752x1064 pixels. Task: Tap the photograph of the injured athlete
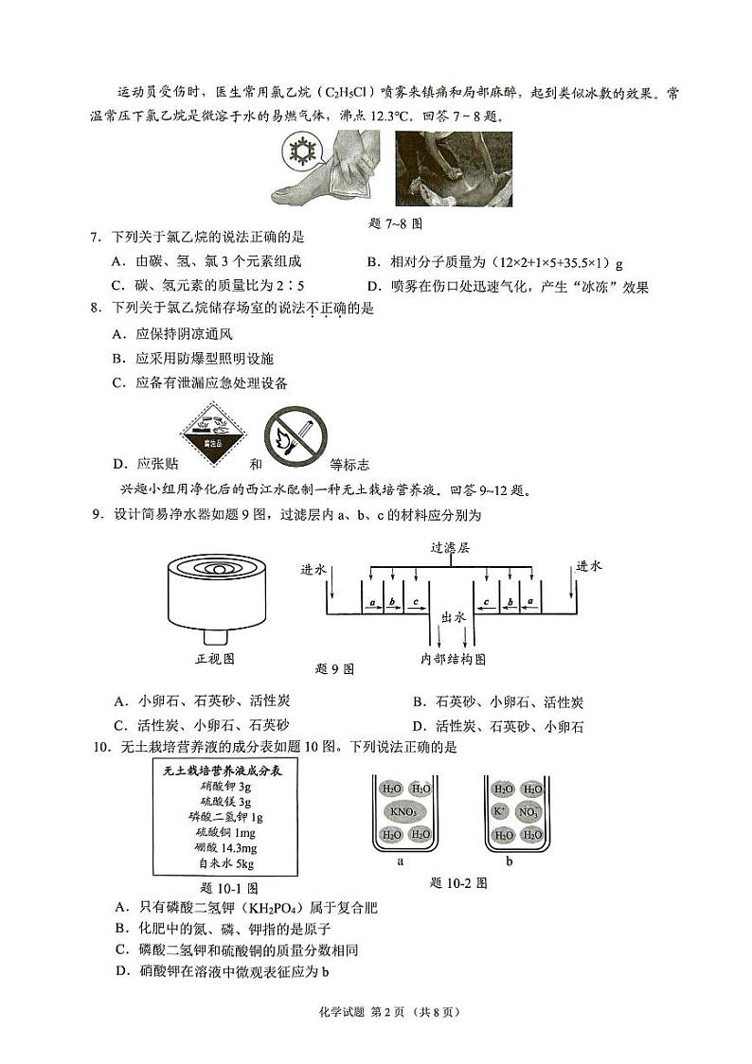[453, 168]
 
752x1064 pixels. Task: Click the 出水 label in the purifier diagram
[453, 616]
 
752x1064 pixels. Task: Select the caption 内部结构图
[453, 658]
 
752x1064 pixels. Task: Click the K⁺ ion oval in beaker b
[501, 812]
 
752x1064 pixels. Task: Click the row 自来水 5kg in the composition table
[225, 863]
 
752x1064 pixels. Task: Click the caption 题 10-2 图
[458, 882]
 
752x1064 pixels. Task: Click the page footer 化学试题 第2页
[375, 1011]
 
